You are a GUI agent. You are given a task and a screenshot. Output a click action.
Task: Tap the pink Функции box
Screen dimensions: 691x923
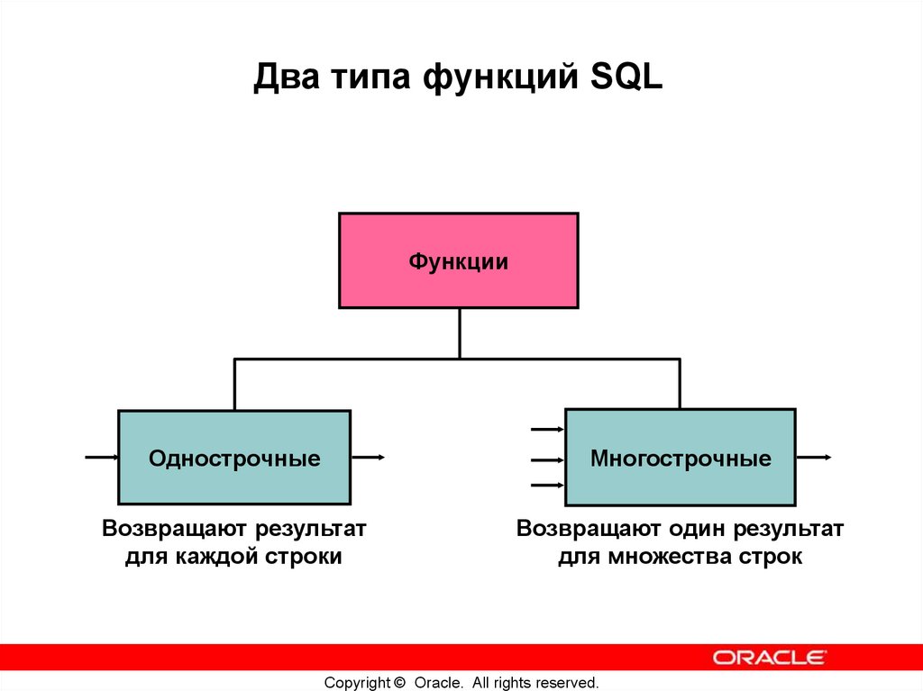point(459,261)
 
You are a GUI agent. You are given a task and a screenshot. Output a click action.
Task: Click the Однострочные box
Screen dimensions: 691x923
point(234,458)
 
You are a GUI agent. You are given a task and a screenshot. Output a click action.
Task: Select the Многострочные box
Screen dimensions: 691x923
point(681,458)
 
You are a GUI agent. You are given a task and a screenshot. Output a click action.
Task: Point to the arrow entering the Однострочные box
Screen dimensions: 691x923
point(102,458)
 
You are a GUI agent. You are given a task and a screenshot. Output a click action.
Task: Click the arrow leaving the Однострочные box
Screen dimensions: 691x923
point(369,458)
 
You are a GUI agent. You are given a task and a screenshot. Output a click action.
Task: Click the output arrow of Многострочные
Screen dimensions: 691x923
point(814,458)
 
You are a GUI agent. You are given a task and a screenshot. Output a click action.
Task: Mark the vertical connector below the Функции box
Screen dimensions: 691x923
point(459,332)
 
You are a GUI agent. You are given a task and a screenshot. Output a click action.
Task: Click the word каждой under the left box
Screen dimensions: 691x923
point(214,557)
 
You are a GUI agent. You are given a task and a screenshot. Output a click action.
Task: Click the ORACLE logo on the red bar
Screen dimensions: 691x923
point(769,657)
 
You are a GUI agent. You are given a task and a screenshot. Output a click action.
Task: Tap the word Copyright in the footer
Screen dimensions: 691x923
point(357,682)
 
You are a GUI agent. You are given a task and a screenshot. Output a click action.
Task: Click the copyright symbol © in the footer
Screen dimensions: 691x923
point(400,682)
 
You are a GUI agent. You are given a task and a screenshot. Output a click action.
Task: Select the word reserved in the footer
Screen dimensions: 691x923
point(569,682)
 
